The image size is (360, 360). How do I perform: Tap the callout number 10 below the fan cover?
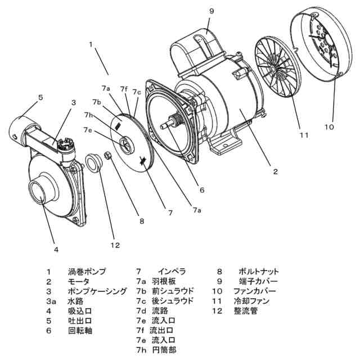point(330,127)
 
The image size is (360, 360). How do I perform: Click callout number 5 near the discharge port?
point(40,97)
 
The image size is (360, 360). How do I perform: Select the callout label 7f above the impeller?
point(124,89)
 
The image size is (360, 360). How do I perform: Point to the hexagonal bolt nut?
point(107,156)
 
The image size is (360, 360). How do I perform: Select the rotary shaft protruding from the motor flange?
point(169,120)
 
